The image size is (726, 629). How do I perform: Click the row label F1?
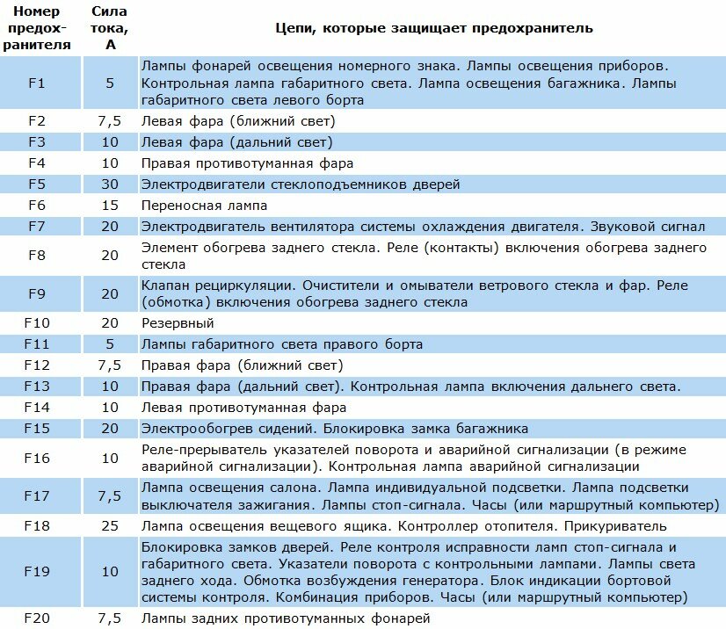coord(36,83)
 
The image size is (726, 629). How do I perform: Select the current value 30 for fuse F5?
coord(110,184)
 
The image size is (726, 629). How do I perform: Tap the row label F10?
coord(36,323)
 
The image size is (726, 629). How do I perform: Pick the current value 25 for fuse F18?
coord(110,526)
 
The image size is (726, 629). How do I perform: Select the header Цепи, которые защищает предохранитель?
coord(434,28)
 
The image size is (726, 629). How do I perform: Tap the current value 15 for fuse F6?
coord(110,206)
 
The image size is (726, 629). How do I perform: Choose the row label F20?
coord(36,619)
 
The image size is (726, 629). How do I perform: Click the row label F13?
coord(36,387)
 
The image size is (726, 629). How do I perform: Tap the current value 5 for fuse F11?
coord(110,344)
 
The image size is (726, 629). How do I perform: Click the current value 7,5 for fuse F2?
coord(110,121)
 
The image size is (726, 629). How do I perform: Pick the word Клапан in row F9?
coord(166,286)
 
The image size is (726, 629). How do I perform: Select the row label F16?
coord(36,458)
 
